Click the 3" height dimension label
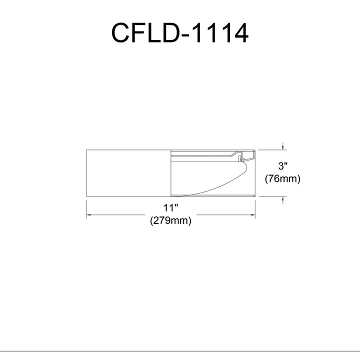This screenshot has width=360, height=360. pyautogui.click(x=282, y=166)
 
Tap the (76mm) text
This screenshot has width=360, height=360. pyautogui.click(x=282, y=178)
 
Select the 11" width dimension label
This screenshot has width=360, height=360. pyautogui.click(x=171, y=208)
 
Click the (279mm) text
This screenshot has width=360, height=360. pyautogui.click(x=170, y=221)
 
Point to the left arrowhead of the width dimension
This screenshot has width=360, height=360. pyautogui.click(x=88, y=215)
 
